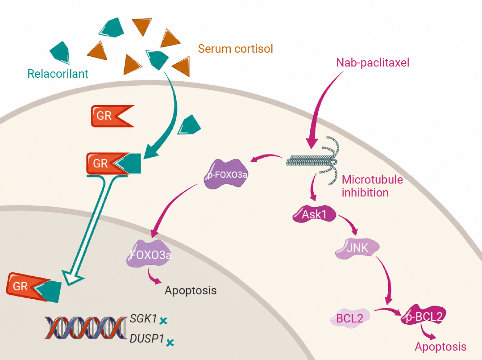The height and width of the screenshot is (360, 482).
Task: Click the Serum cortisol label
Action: click(x=236, y=49)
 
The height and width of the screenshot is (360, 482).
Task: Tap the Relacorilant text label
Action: click(x=58, y=74)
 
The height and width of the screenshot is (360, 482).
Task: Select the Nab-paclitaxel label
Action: click(x=373, y=63)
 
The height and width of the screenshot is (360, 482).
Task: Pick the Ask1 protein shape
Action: click(x=314, y=214)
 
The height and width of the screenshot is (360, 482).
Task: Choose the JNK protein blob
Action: click(x=357, y=248)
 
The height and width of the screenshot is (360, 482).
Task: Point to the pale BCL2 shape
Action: click(x=350, y=318)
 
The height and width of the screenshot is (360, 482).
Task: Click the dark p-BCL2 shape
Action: click(x=424, y=315)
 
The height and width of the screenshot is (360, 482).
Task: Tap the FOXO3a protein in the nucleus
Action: click(x=150, y=254)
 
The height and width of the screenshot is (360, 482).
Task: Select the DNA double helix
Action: click(x=85, y=328)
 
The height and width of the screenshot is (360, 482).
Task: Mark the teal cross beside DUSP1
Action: click(x=170, y=342)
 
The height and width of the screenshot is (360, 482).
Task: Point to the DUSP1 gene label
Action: click(x=147, y=339)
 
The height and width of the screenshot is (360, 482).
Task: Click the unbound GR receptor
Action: click(x=112, y=116)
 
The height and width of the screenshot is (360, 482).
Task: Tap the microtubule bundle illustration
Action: click(x=313, y=161)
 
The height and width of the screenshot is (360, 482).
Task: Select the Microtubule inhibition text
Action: click(x=372, y=186)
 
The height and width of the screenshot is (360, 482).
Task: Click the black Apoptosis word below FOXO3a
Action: click(x=191, y=290)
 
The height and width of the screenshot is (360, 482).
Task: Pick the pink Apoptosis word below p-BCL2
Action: click(x=440, y=347)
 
